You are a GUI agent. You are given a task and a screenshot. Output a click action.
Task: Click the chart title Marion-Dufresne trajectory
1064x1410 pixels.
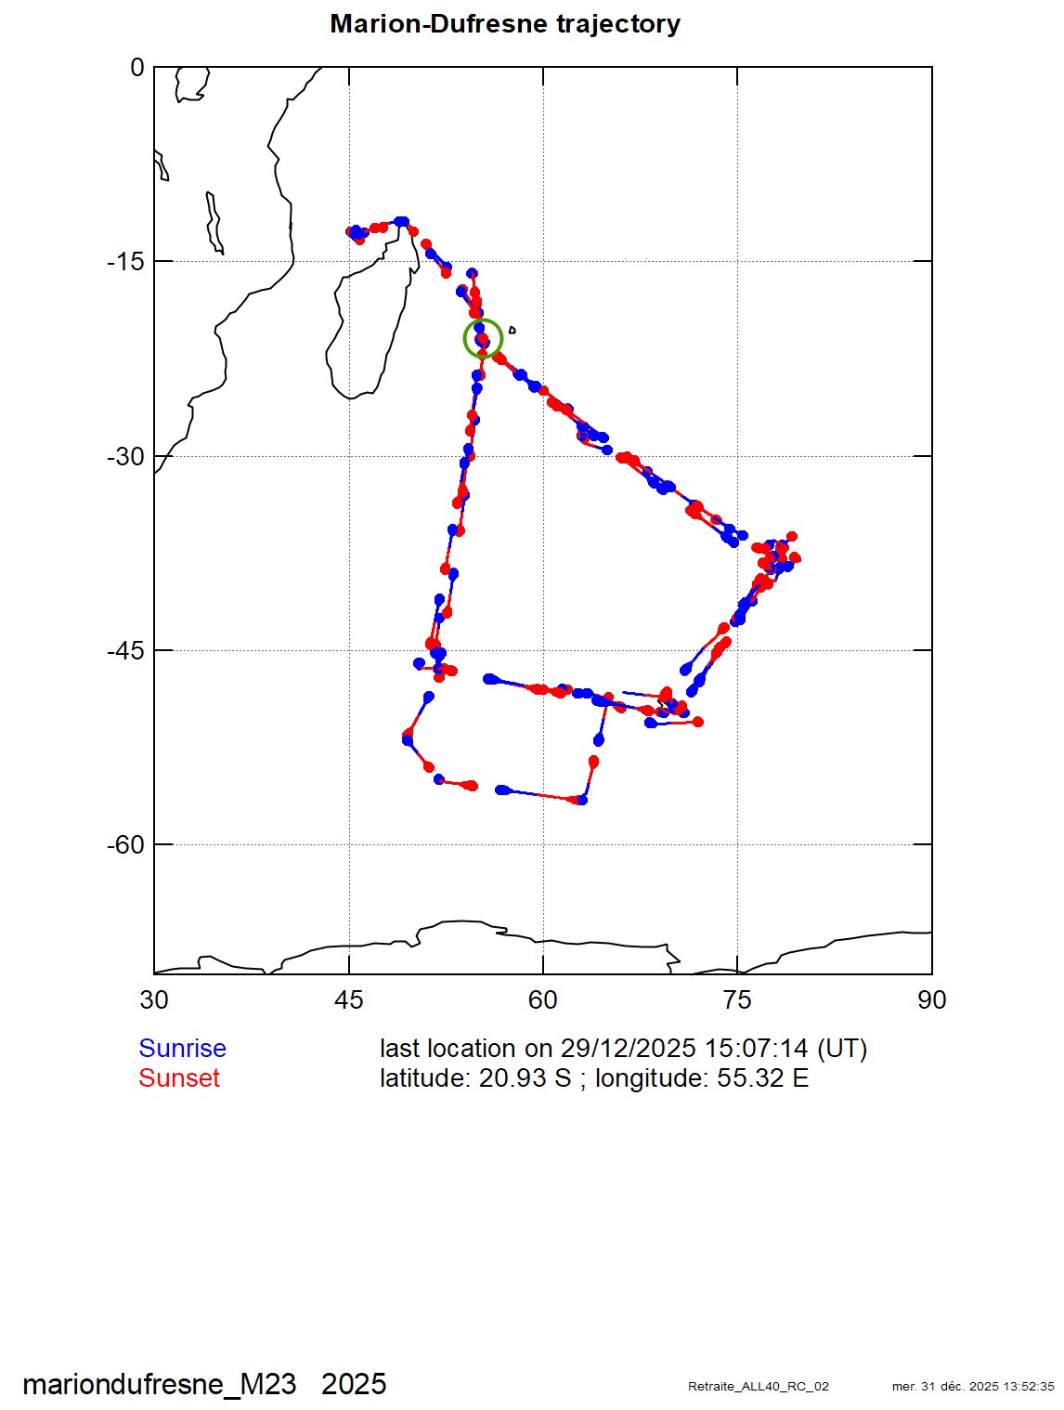pyautogui.click(x=505, y=24)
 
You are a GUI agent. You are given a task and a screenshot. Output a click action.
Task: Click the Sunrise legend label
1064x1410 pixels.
pyautogui.click(x=182, y=1049)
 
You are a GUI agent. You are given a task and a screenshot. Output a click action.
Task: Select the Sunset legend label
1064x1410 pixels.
pyautogui.click(x=179, y=1077)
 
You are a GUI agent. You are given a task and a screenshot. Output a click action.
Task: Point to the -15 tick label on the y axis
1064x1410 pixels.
pyautogui.click(x=125, y=261)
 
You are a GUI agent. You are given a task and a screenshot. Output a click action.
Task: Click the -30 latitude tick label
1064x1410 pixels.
pyautogui.click(x=125, y=456)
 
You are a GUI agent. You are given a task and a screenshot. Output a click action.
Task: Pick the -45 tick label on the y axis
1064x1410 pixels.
pyautogui.click(x=125, y=650)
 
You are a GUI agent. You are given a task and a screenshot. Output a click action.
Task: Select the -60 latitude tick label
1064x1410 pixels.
pyautogui.click(x=125, y=844)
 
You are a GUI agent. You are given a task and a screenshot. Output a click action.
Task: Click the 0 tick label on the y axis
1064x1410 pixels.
pyautogui.click(x=136, y=67)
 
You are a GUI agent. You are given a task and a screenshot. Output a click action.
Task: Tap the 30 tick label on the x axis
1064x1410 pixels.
pyautogui.click(x=154, y=999)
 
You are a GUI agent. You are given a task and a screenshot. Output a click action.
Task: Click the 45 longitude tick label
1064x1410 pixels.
pyautogui.click(x=349, y=999)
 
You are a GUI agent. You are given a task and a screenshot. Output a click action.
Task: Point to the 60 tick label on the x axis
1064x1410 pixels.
pyautogui.click(x=542, y=999)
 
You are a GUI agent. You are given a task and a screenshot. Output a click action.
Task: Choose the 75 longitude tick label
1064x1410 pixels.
pyautogui.click(x=737, y=999)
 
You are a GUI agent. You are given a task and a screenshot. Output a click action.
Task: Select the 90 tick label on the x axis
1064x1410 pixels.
pyautogui.click(x=932, y=999)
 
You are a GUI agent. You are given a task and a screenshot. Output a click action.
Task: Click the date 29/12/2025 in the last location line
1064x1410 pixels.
pyautogui.click(x=628, y=1049)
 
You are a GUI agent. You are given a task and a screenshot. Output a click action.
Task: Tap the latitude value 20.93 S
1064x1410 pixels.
pyautogui.click(x=525, y=1077)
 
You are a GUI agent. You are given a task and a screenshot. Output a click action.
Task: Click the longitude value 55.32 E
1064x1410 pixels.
pyautogui.click(x=762, y=1077)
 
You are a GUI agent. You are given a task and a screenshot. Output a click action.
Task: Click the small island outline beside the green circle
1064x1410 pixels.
pyautogui.click(x=512, y=330)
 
